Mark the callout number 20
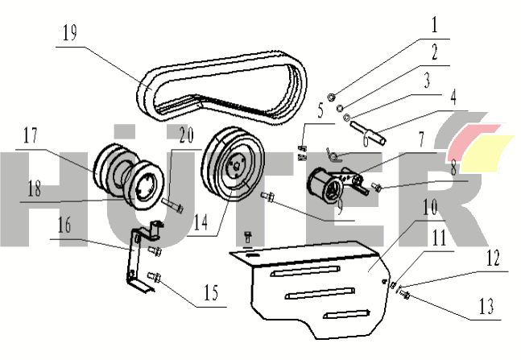pos(186,137)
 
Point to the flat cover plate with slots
pos(314,286)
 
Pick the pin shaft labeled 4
pos(368,129)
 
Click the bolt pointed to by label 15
pos(158,279)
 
